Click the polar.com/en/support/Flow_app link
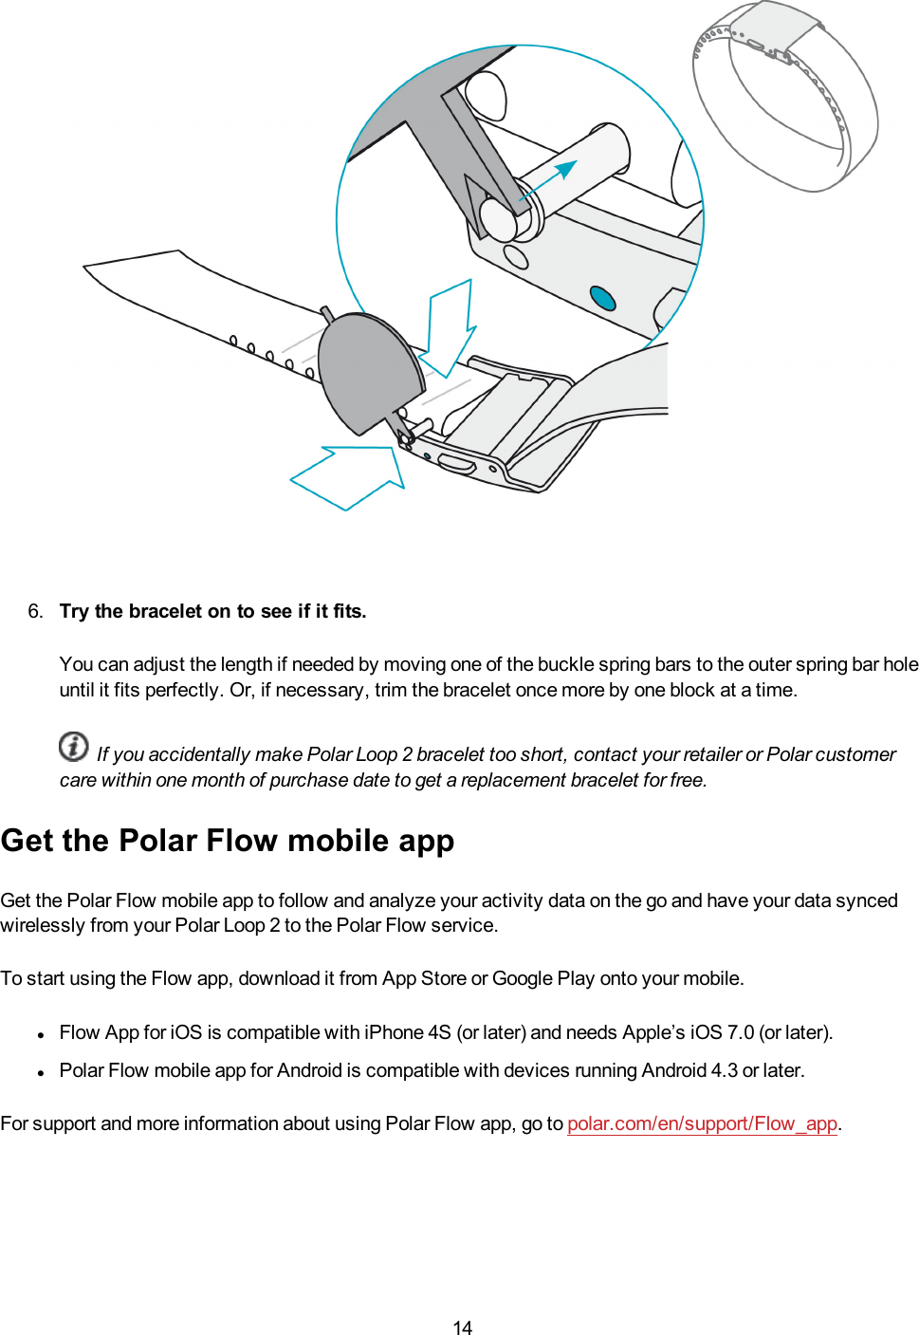pyautogui.click(x=702, y=1123)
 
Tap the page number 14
pyautogui.click(x=462, y=1327)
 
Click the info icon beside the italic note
pyautogui.click(x=74, y=747)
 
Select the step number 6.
pyautogui.click(x=35, y=611)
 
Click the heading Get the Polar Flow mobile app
pyautogui.click(x=228, y=841)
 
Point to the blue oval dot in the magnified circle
pyautogui.click(x=603, y=298)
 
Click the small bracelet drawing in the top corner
pyautogui.click(x=785, y=95)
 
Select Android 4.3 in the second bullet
pyautogui.click(x=689, y=1070)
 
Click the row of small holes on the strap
pyautogui.click(x=271, y=356)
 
